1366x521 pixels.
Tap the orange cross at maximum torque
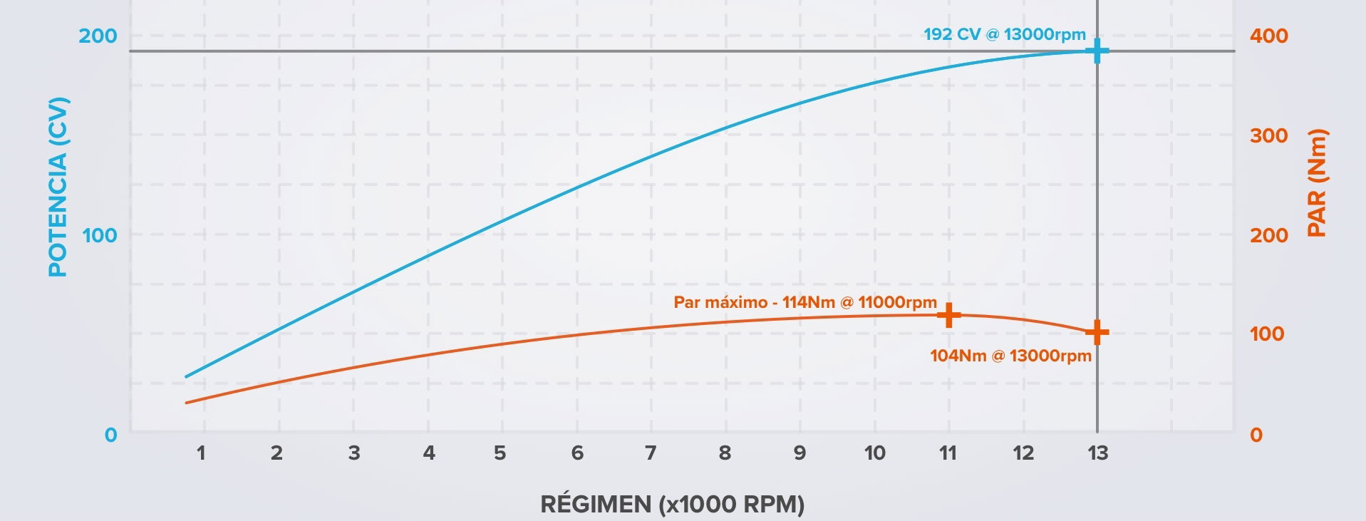948,315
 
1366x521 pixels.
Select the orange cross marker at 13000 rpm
1097,332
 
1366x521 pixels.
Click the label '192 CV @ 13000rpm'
1005,34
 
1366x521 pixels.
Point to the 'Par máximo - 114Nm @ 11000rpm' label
805,302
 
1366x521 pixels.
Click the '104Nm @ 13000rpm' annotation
1010,356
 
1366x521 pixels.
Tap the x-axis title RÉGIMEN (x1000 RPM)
672,505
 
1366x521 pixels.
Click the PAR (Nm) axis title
1318,183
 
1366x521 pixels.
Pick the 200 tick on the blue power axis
98,36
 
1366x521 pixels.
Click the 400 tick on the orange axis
1268,36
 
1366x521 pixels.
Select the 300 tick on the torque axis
1268,135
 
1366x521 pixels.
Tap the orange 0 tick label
1256,435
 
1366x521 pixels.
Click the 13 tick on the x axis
1097,453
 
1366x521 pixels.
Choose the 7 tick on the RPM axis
651,453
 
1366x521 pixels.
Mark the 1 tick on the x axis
202,453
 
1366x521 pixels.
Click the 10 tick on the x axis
874,453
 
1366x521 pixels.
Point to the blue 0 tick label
110,435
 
